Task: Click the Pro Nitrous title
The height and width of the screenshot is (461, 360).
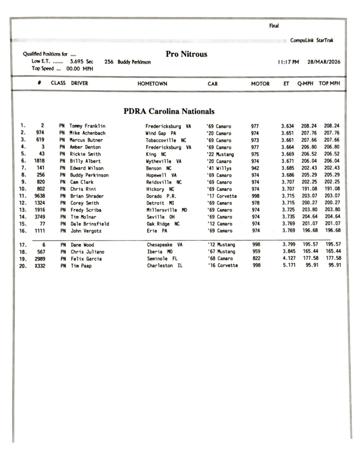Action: [187, 54]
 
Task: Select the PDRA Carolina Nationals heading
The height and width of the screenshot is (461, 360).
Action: [169, 111]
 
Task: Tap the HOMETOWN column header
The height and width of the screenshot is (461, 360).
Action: [152, 83]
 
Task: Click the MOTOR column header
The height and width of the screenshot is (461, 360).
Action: [260, 83]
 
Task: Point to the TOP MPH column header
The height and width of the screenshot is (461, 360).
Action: [331, 83]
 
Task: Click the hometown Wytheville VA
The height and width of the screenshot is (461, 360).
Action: [163, 161]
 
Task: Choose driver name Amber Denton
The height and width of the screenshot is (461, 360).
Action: [85, 147]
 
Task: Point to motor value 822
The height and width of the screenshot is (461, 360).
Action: [255, 258]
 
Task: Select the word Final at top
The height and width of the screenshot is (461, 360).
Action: [274, 26]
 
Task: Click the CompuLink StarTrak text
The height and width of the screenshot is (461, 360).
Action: [312, 41]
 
